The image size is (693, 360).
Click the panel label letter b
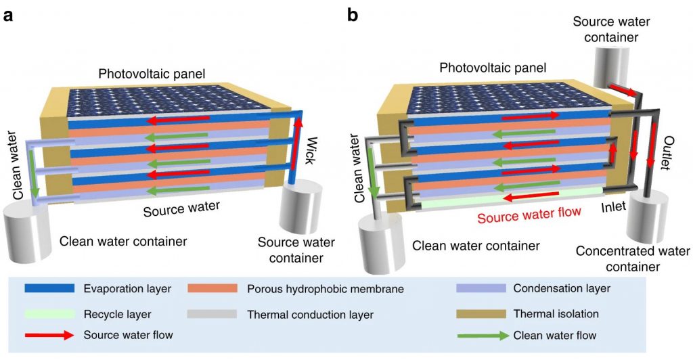click(x=353, y=14)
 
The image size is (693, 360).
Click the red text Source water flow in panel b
click(x=529, y=216)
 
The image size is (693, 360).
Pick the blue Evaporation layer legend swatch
click(x=49, y=289)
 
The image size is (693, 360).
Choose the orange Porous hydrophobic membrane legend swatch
click(x=212, y=289)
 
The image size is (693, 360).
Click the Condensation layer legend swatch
click(x=482, y=289)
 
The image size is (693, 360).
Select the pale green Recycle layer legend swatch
click(x=49, y=314)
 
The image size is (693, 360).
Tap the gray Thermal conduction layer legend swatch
click(x=212, y=314)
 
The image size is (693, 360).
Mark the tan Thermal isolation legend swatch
click(x=482, y=314)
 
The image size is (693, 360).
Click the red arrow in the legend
click(x=49, y=334)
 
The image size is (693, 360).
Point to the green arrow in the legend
click(x=482, y=334)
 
